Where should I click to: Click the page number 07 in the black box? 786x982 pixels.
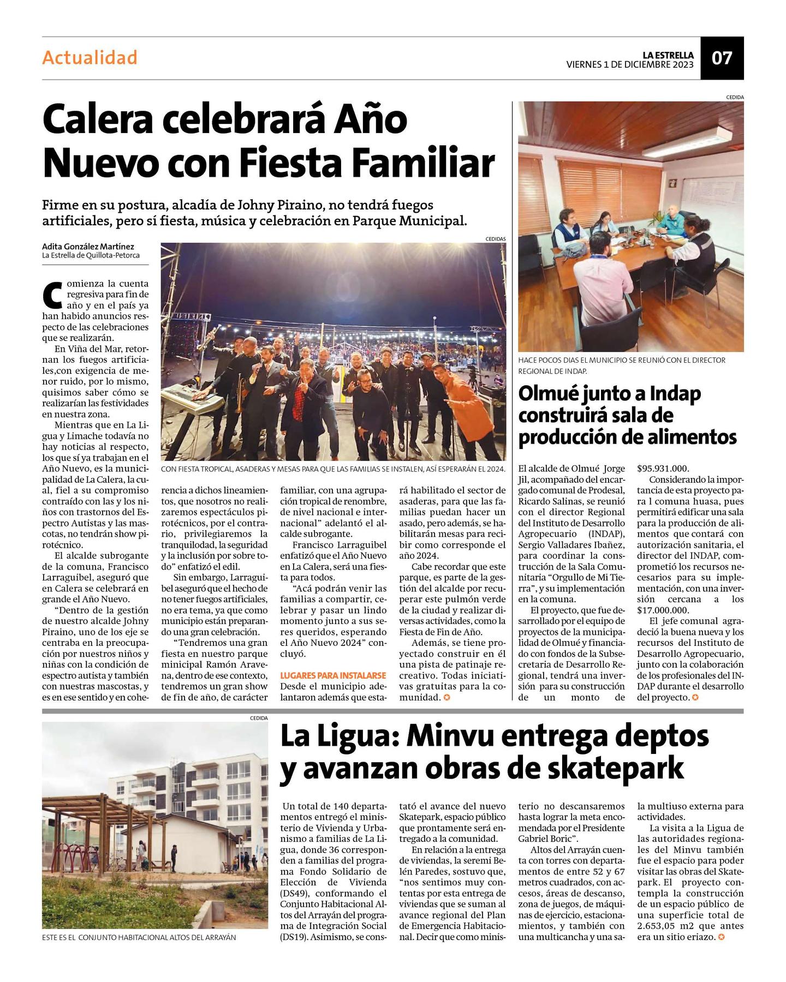coord(722,58)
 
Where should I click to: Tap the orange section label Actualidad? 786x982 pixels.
coord(90,57)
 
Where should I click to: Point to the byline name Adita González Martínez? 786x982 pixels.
coord(88,246)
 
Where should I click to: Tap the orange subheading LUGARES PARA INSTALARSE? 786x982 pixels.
coord(333,675)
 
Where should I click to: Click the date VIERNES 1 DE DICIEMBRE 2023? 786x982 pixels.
coord(630,64)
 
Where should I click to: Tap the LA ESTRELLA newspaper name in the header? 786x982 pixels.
coord(668,55)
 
